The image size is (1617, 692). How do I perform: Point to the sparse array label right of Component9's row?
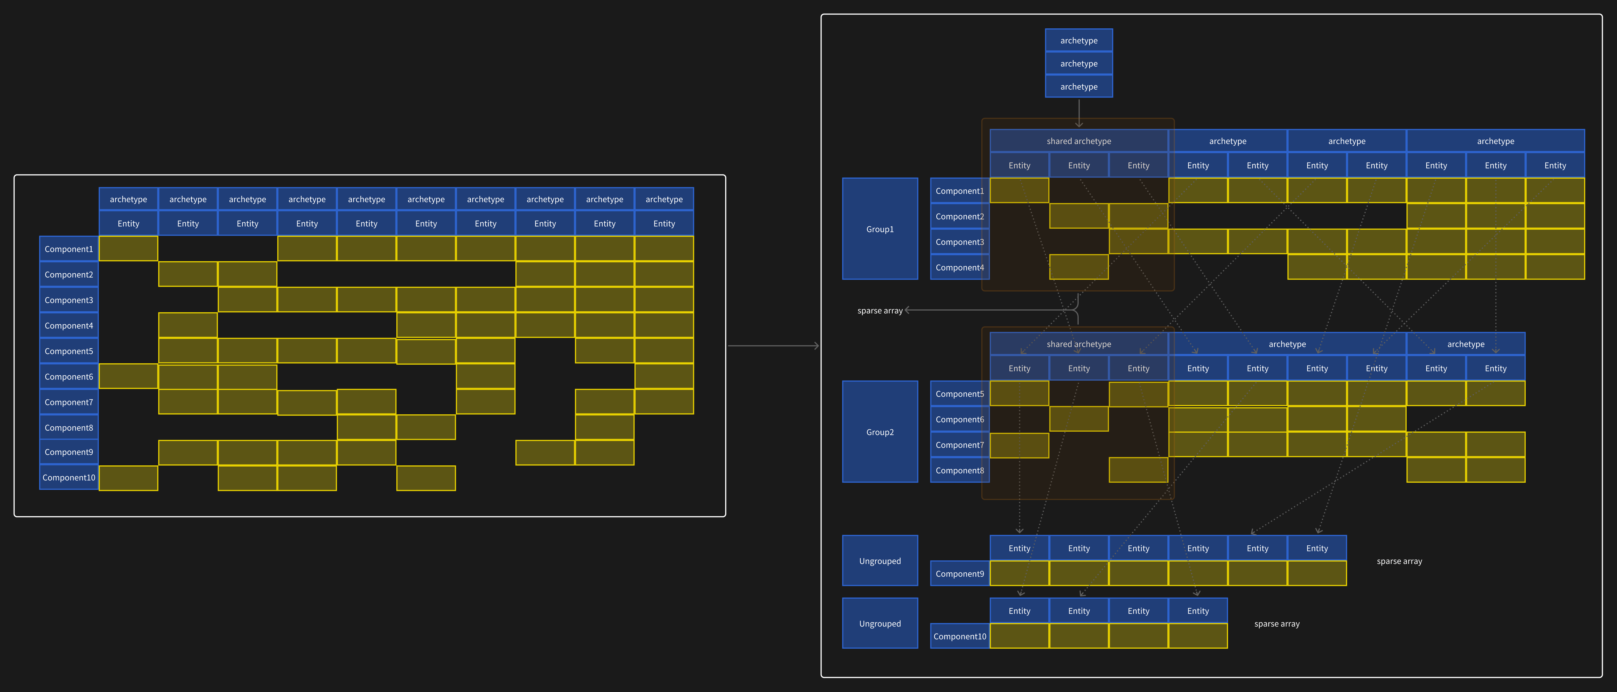pos(1399,561)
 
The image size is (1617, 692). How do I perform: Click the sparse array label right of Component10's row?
pos(1277,624)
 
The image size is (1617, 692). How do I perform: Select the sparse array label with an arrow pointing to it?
pos(879,311)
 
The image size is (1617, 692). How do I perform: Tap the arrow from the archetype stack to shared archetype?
pos(1079,113)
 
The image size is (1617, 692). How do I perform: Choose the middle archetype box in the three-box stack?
pos(1079,64)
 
